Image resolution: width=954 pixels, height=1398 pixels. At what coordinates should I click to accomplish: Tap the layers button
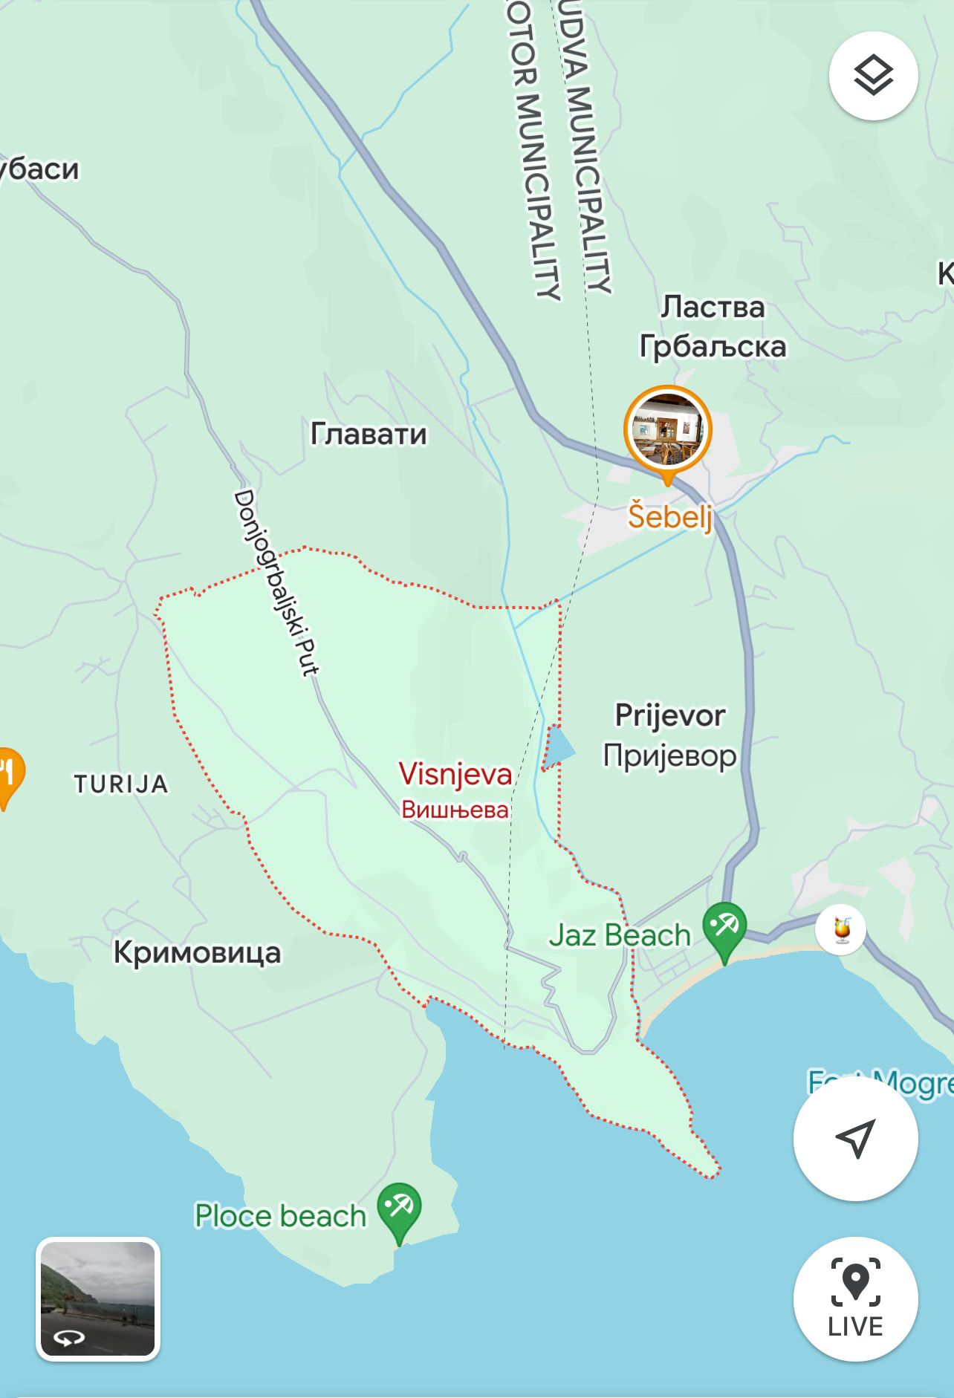[x=873, y=75]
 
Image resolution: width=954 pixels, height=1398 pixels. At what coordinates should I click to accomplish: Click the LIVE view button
[x=855, y=1298]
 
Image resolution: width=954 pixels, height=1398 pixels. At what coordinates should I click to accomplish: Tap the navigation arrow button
[x=855, y=1138]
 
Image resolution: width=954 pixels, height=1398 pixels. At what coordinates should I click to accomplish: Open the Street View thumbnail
[x=97, y=1298]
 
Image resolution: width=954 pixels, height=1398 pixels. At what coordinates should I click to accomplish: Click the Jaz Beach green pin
[x=724, y=929]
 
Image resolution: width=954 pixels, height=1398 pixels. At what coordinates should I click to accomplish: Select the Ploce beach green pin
[x=399, y=1209]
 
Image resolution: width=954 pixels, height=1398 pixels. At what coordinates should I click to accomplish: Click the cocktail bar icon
[x=840, y=929]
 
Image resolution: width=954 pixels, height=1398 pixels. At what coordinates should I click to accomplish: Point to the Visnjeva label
[x=455, y=774]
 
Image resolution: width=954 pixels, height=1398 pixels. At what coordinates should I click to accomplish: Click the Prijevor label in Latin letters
[x=669, y=715]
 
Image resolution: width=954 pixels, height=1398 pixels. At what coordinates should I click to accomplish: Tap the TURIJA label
[x=121, y=784]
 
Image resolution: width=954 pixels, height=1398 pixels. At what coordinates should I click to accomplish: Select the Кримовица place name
[x=197, y=952]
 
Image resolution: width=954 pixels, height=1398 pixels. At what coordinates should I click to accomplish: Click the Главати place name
[x=369, y=434]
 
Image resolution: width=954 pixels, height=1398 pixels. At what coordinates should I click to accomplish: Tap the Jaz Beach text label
[x=620, y=935]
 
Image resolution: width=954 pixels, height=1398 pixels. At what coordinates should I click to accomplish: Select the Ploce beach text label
[x=280, y=1216]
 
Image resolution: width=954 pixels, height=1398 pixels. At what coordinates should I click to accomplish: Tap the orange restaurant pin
[x=9, y=775]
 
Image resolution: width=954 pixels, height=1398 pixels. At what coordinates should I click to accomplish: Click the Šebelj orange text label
[x=669, y=516]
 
